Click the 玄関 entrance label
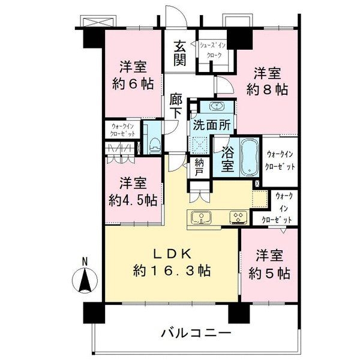tap(180, 53)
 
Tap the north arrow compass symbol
tap(85, 278)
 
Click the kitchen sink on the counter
tap(200, 217)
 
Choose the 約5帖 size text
tap(270, 273)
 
